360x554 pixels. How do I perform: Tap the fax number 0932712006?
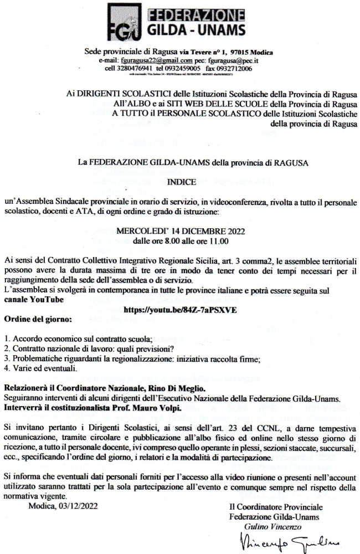coord(233,68)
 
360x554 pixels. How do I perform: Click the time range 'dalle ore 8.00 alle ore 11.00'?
coord(181,241)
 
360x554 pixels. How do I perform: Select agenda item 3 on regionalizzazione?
coord(140,358)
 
